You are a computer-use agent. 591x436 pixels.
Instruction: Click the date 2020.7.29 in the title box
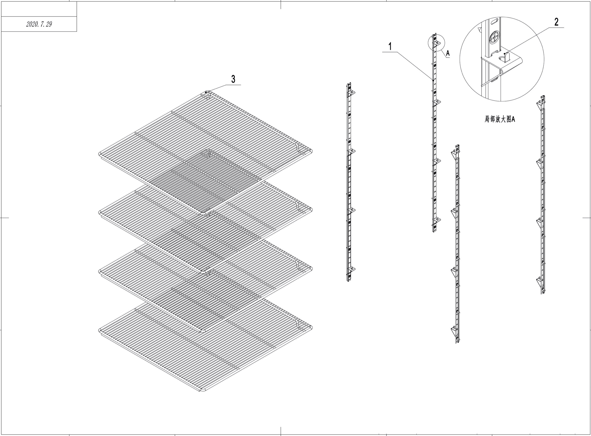coord(39,24)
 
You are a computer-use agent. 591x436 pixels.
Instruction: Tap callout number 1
coord(390,47)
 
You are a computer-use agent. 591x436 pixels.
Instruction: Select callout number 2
coord(556,22)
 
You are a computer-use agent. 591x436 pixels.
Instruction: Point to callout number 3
coord(233,79)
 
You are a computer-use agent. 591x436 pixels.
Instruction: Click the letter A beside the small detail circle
coord(448,53)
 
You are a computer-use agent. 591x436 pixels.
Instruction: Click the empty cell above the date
coord(39,9)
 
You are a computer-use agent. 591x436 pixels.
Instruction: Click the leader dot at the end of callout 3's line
coord(206,92)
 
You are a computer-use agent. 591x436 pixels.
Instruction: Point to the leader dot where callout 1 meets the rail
coord(433,80)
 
